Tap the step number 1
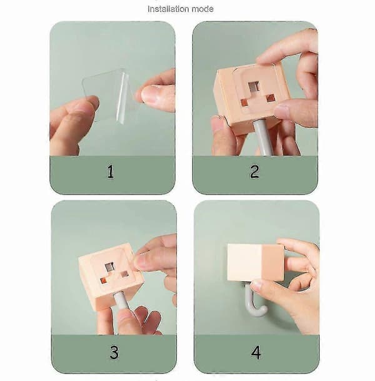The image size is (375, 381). coord(111,172)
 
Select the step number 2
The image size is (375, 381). coord(254,172)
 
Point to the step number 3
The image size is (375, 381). coord(114,352)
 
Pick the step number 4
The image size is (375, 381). coord(256,353)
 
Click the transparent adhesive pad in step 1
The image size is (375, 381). coord(107,94)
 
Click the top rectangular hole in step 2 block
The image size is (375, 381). coord(254,86)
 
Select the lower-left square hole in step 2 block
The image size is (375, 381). coord(244,103)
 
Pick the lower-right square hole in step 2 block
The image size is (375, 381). coord(270,98)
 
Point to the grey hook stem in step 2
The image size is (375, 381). coord(263,138)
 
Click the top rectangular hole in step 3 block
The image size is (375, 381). coord(110,267)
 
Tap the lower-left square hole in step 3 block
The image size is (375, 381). coord(103,281)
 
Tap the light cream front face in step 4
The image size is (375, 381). coord(244,262)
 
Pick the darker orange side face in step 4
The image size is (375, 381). coord(272,262)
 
